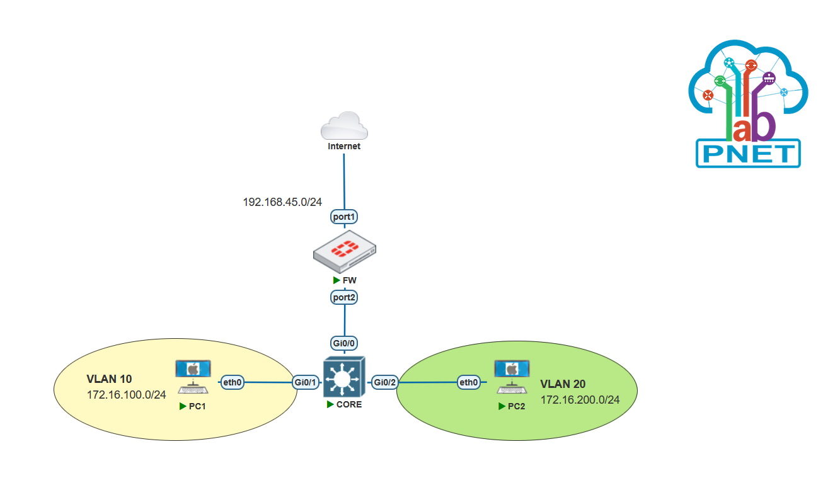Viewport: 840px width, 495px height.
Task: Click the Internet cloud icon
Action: point(344,126)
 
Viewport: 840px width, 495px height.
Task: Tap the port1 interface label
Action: point(344,217)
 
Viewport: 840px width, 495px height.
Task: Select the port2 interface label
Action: point(344,297)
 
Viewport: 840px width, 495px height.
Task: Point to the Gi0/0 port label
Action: point(344,343)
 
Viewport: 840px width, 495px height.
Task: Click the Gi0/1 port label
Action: point(306,382)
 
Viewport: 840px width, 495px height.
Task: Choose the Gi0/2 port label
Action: point(385,382)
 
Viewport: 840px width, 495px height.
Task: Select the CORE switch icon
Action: point(344,377)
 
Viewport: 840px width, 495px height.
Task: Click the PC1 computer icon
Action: point(193,377)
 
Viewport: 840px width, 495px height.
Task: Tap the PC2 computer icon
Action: point(512,377)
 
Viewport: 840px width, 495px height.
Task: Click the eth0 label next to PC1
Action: point(232,382)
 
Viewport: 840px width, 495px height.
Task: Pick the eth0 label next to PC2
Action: point(469,382)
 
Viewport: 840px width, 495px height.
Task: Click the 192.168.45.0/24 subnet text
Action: point(282,202)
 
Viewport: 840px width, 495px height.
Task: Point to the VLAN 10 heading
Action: point(109,379)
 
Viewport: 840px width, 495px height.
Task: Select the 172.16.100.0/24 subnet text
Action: point(127,395)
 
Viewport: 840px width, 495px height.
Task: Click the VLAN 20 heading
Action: point(563,384)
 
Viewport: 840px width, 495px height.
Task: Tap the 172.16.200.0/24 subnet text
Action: point(580,400)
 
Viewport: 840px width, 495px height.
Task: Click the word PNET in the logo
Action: point(749,154)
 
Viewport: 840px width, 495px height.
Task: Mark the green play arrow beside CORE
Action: point(330,404)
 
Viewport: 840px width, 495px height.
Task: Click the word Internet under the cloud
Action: point(344,146)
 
